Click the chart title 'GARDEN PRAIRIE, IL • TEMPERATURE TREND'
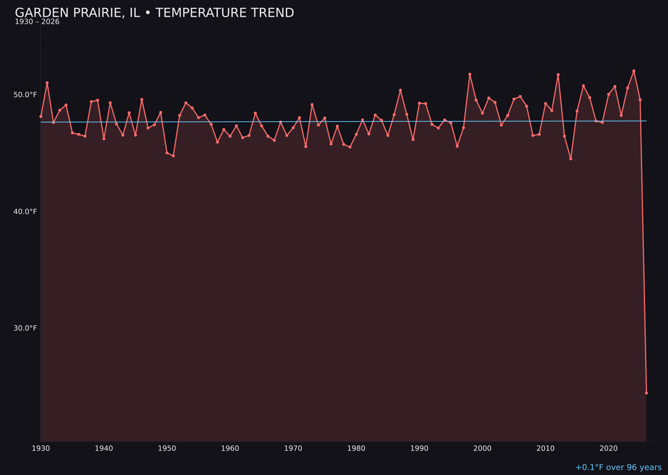click(x=154, y=13)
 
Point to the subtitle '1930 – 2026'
click(x=37, y=22)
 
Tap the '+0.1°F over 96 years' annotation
click(x=618, y=468)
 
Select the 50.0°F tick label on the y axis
click(x=25, y=95)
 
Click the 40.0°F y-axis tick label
click(x=25, y=212)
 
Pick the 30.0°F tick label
click(x=25, y=328)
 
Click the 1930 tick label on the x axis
click(x=41, y=448)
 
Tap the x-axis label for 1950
click(x=167, y=448)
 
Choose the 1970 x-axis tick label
click(x=293, y=448)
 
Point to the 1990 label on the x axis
click(x=419, y=448)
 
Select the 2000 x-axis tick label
click(x=482, y=448)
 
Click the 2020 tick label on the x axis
click(x=609, y=448)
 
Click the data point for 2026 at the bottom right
click(x=646, y=393)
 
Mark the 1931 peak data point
click(x=47, y=83)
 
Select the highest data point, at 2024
click(x=634, y=71)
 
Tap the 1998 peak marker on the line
click(x=469, y=74)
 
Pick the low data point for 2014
click(x=571, y=158)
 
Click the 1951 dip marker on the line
click(x=173, y=156)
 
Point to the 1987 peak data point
click(x=400, y=90)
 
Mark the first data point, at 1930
click(x=41, y=116)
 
